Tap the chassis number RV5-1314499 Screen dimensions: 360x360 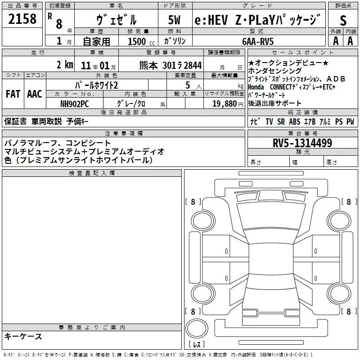point(302,143)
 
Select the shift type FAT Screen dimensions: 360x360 point(13,94)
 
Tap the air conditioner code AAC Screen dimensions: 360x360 point(34,94)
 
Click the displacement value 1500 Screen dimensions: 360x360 point(137,41)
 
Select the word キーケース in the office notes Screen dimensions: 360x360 point(23,336)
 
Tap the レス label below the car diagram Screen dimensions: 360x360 point(196,345)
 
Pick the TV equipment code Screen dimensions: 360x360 point(269,121)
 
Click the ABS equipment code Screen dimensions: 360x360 point(295,121)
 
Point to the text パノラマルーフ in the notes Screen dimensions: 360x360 point(30,143)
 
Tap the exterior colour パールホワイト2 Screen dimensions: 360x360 point(96,85)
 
